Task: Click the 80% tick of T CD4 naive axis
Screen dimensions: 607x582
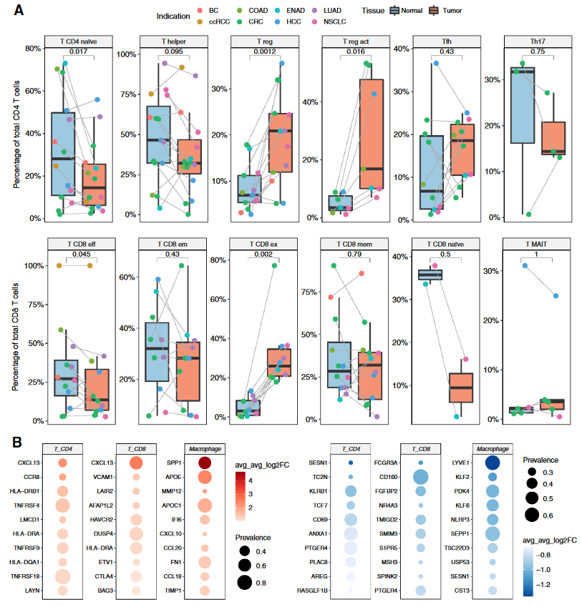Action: point(33,49)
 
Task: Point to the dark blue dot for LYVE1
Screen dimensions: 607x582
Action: point(493,463)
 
